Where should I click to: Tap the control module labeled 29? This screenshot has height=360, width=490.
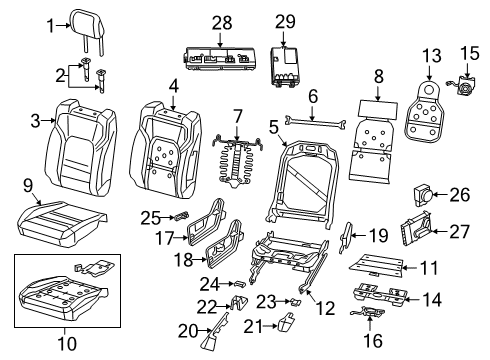click(x=290, y=62)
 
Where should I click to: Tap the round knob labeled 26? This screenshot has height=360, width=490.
click(x=424, y=195)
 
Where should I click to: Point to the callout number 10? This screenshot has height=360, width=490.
click(x=65, y=346)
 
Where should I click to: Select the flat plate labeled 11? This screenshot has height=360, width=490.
click(x=375, y=265)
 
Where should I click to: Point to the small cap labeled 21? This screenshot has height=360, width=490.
click(x=286, y=323)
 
